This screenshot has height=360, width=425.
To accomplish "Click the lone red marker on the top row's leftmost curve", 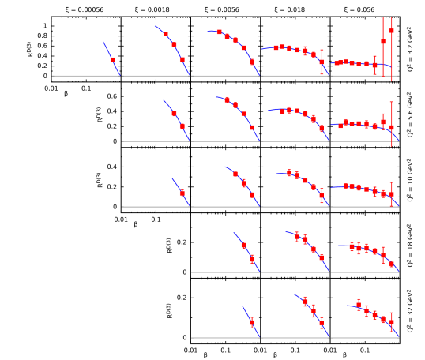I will click(112, 59).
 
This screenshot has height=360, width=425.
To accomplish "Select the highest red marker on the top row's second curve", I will click(166, 34).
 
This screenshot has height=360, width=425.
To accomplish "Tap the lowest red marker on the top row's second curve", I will click(182, 59).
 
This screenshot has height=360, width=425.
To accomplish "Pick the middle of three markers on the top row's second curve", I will click(174, 44).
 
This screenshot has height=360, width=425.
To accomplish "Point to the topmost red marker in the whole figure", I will click(391, 30).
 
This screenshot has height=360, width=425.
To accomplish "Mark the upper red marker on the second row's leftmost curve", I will click(174, 113).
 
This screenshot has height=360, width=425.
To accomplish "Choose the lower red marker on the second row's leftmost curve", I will click(182, 126).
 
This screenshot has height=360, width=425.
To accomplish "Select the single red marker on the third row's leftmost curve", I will click(182, 193).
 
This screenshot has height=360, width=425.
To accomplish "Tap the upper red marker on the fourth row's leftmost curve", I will click(243, 245).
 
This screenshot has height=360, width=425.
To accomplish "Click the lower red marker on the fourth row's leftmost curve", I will click(252, 259).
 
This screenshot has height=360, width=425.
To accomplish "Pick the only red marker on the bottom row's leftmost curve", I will click(252, 322).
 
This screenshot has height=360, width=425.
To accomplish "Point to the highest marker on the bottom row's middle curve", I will click(305, 302).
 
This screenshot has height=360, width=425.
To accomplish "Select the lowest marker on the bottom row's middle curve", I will click(322, 322).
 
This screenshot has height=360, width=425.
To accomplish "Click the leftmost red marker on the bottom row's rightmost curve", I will click(359, 305).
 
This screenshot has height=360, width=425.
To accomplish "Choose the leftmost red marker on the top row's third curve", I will click(219, 32).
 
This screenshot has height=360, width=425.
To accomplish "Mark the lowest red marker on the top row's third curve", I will click(252, 62).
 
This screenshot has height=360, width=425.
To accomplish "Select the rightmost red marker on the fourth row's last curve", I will click(391, 264).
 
